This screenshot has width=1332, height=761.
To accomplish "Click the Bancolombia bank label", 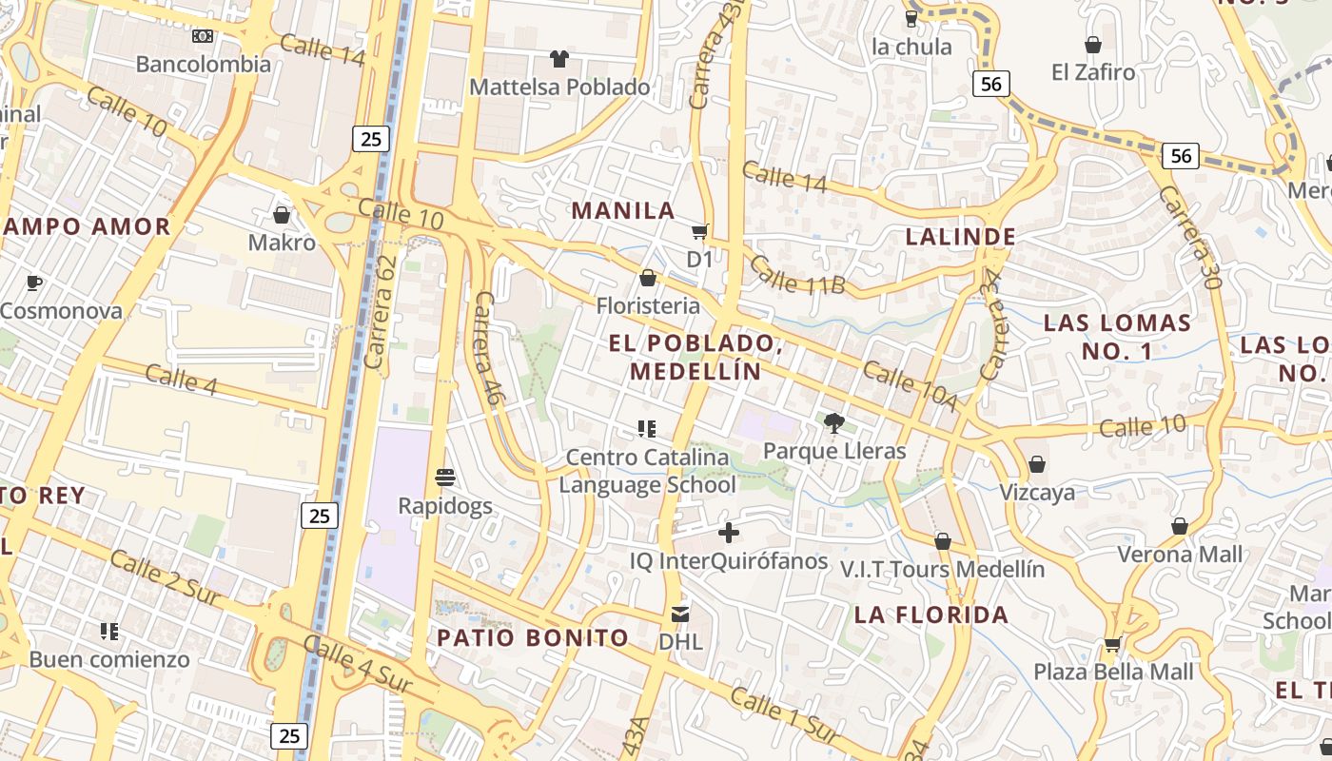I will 203,65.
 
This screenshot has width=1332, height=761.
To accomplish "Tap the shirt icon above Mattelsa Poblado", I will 558,59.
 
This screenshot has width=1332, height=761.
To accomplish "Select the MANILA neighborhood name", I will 622,211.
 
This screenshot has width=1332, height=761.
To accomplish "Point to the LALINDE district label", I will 960,237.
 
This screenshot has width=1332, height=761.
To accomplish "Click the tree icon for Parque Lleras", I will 834,423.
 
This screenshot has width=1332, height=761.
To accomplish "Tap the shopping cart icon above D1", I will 700,232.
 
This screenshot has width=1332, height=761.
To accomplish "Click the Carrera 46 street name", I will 487,349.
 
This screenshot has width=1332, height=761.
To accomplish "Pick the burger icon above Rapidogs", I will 445,477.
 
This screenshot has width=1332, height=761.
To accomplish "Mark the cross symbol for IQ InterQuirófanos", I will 729,533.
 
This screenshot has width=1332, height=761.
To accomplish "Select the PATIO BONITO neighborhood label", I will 533,638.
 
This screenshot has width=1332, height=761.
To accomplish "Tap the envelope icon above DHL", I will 680,615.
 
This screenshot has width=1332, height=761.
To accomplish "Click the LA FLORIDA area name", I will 931,615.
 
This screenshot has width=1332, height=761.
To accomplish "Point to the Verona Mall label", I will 1180,554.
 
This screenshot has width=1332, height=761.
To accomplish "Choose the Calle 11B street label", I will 797,274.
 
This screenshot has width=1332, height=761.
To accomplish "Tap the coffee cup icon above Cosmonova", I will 34,283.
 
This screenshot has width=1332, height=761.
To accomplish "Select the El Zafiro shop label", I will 1093,72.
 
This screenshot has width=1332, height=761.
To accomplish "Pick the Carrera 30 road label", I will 1188,236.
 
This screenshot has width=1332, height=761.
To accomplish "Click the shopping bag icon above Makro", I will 282,215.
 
